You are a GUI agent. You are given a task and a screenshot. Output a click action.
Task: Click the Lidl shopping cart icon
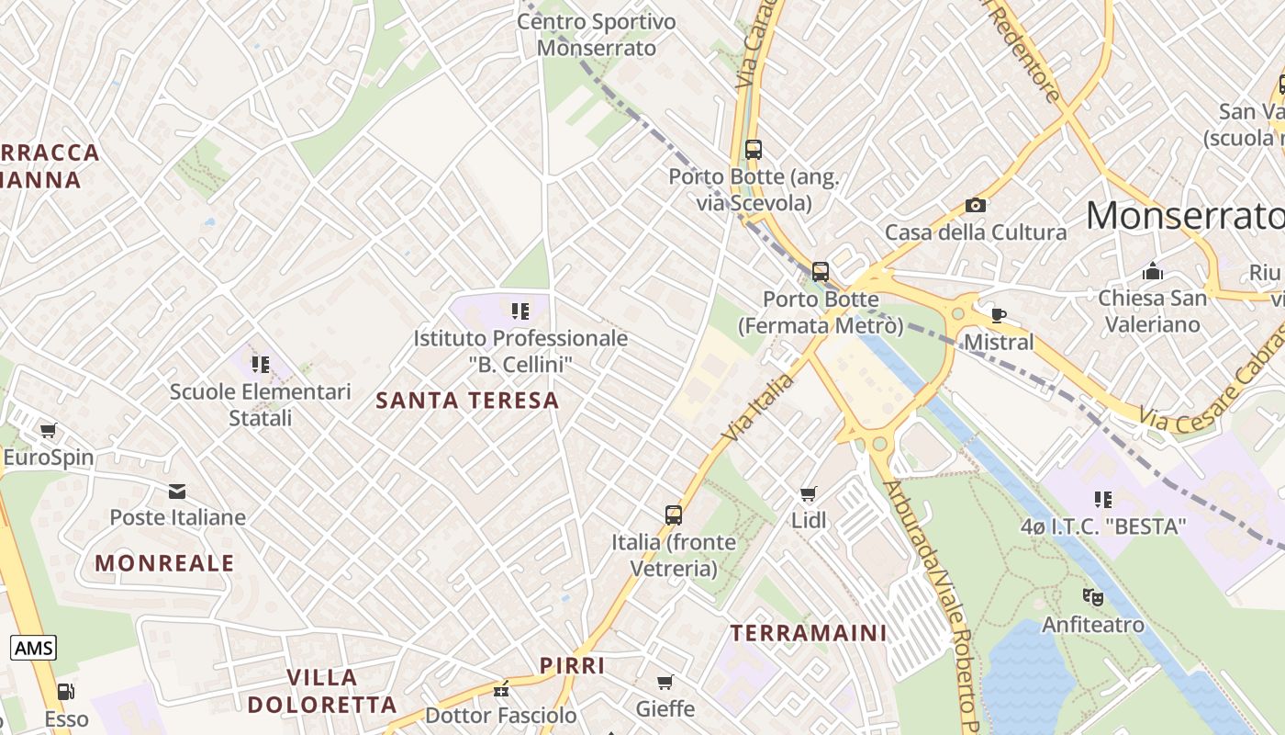pyautogui.click(x=808, y=494)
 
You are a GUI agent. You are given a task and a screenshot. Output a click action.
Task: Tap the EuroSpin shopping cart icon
pyautogui.click(x=48, y=430)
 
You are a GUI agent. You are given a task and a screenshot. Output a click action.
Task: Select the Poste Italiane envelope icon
pyautogui.click(x=177, y=492)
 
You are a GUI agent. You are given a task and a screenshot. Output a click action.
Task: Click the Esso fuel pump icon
pyautogui.click(x=65, y=692)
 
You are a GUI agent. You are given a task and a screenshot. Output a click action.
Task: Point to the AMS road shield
pyautogui.click(x=34, y=648)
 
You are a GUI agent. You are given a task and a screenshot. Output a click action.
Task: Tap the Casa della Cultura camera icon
pyautogui.click(x=976, y=205)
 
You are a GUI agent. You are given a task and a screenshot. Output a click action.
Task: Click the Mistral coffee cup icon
pyautogui.click(x=998, y=316)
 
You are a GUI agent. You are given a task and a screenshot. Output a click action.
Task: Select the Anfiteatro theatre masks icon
pyautogui.click(x=1092, y=597)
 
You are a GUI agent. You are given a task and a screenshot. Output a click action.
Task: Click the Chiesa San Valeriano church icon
pyautogui.click(x=1152, y=272)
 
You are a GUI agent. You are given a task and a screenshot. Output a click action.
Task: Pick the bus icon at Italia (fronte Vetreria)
pyautogui.click(x=674, y=515)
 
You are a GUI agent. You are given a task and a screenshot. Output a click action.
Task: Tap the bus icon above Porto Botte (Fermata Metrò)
pyautogui.click(x=821, y=272)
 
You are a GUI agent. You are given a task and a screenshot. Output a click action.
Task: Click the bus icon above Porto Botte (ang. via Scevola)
pyautogui.click(x=754, y=149)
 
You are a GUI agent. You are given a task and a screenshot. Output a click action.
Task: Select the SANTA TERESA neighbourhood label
pyautogui.click(x=467, y=400)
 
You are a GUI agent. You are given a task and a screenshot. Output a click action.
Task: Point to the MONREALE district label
pyautogui.click(x=165, y=563)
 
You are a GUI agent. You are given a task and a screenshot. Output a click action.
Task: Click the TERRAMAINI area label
pyautogui.click(x=809, y=632)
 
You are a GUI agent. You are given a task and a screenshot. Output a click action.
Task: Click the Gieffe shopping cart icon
pyautogui.click(x=665, y=682)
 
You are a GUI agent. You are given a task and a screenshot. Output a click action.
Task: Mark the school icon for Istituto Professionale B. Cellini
pyautogui.click(x=520, y=311)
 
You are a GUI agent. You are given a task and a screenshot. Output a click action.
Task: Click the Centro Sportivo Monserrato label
pyautogui.click(x=597, y=34)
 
